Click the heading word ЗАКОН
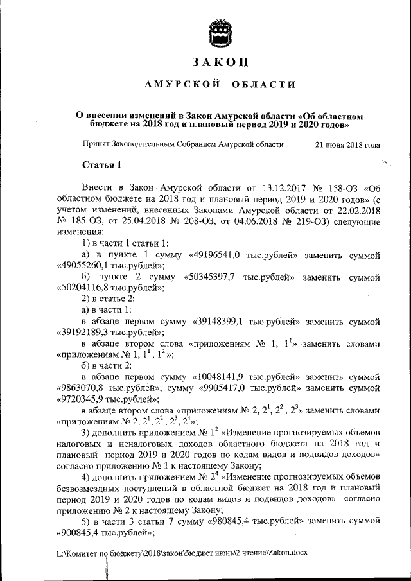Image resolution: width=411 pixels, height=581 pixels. pyautogui.click(x=219, y=62)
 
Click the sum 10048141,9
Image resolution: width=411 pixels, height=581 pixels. pyautogui.click(x=225, y=375)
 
